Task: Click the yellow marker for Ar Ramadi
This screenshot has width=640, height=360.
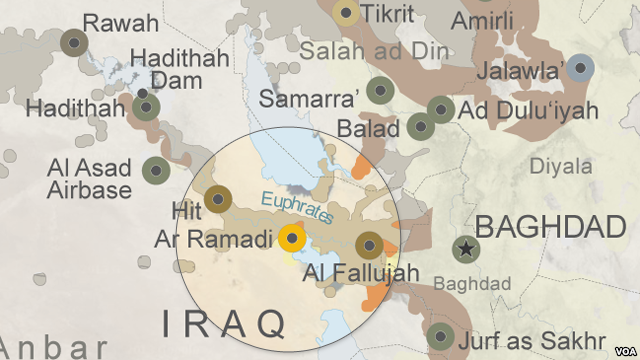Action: [x=292, y=239]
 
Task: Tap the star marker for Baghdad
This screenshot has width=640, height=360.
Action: [x=465, y=249]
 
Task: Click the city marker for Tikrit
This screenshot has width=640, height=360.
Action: [x=347, y=13]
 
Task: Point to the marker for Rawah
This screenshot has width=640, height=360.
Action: [x=73, y=43]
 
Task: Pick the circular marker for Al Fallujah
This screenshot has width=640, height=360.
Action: [x=370, y=246]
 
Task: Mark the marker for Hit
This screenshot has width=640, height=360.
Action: [x=218, y=198]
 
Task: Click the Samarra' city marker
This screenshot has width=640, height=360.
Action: [x=379, y=91]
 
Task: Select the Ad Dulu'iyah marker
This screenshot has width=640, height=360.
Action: [x=441, y=110]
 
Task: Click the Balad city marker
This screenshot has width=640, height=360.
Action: [x=421, y=127]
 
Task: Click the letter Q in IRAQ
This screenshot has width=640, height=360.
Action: [x=266, y=322]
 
